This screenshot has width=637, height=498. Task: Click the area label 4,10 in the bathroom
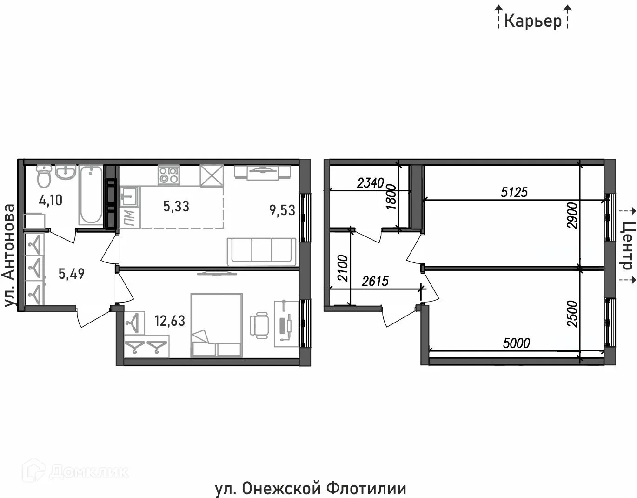click(51, 201)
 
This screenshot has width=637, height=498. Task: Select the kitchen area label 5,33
click(176, 206)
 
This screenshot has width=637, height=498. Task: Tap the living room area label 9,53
click(282, 210)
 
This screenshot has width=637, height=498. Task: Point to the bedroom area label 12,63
click(170, 321)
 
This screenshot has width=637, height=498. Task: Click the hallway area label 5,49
click(72, 273)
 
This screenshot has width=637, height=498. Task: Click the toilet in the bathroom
click(44, 176)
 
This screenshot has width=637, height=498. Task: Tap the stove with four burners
click(168, 176)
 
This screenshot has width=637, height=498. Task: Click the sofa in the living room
click(261, 251)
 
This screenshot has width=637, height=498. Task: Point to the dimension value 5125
click(514, 192)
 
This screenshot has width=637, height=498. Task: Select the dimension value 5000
click(517, 343)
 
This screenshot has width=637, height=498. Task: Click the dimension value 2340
click(371, 183)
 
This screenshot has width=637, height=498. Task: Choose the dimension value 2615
click(375, 281)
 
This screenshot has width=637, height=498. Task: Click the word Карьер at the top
click(533, 21)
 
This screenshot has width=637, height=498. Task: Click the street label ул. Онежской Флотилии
click(311, 489)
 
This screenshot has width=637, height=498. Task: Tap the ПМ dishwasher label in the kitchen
click(129, 216)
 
